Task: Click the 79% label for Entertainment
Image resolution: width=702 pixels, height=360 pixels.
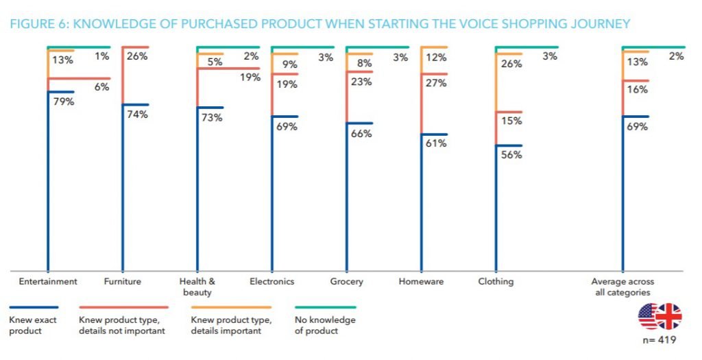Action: (63, 101)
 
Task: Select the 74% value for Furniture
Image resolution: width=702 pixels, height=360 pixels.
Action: (137, 115)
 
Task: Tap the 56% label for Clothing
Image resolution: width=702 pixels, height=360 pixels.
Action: (511, 155)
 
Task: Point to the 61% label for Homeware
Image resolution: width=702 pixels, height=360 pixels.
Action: (436, 143)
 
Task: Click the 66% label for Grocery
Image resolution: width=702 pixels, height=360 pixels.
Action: (361, 134)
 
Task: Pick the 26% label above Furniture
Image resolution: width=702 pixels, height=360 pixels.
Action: (137, 56)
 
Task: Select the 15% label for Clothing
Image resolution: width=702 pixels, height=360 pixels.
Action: (511, 121)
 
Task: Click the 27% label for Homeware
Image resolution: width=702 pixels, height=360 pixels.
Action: (436, 83)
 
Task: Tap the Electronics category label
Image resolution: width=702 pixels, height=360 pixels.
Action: (271, 281)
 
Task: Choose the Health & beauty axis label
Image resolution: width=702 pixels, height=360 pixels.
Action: (197, 287)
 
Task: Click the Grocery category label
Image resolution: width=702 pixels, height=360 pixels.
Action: (346, 281)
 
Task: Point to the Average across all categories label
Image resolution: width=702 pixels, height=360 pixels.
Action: (622, 287)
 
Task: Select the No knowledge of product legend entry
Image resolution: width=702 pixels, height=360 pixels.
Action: (325, 326)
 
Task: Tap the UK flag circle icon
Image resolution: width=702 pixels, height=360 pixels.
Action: (668, 316)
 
